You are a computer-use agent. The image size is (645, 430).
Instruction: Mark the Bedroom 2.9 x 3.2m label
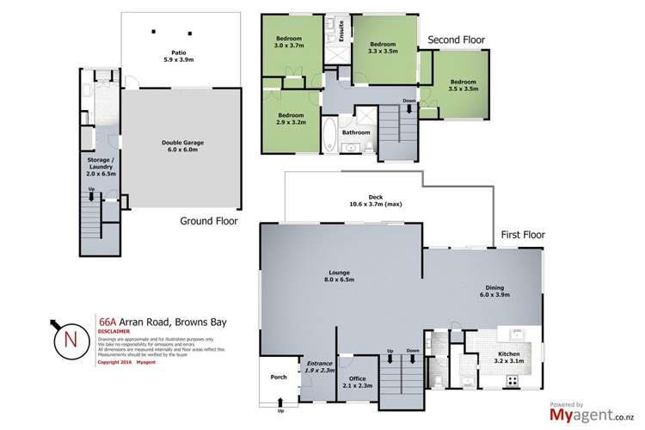[290, 118]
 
